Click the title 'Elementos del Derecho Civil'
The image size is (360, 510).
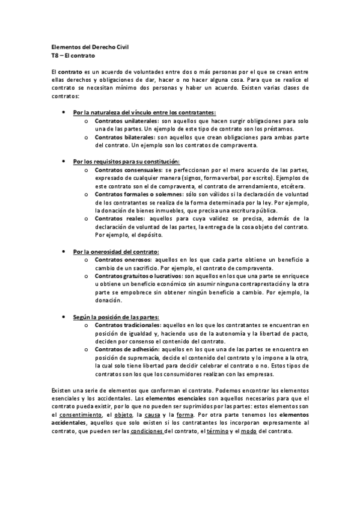[85, 46]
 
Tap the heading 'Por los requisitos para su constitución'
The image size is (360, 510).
[126, 162]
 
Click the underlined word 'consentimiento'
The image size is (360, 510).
[80, 416]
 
